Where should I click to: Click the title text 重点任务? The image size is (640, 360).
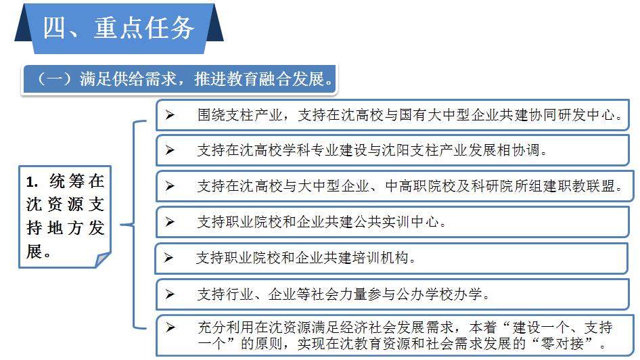point(144,28)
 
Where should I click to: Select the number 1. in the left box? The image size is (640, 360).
point(32,182)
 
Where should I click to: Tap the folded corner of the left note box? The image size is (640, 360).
point(102,260)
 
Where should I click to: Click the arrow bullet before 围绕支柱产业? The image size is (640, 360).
point(170,115)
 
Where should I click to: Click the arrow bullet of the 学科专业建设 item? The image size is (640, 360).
point(170,150)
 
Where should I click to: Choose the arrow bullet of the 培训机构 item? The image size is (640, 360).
point(168,258)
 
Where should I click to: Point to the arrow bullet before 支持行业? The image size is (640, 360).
point(170,294)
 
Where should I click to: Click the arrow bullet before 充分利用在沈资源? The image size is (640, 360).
point(170,328)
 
